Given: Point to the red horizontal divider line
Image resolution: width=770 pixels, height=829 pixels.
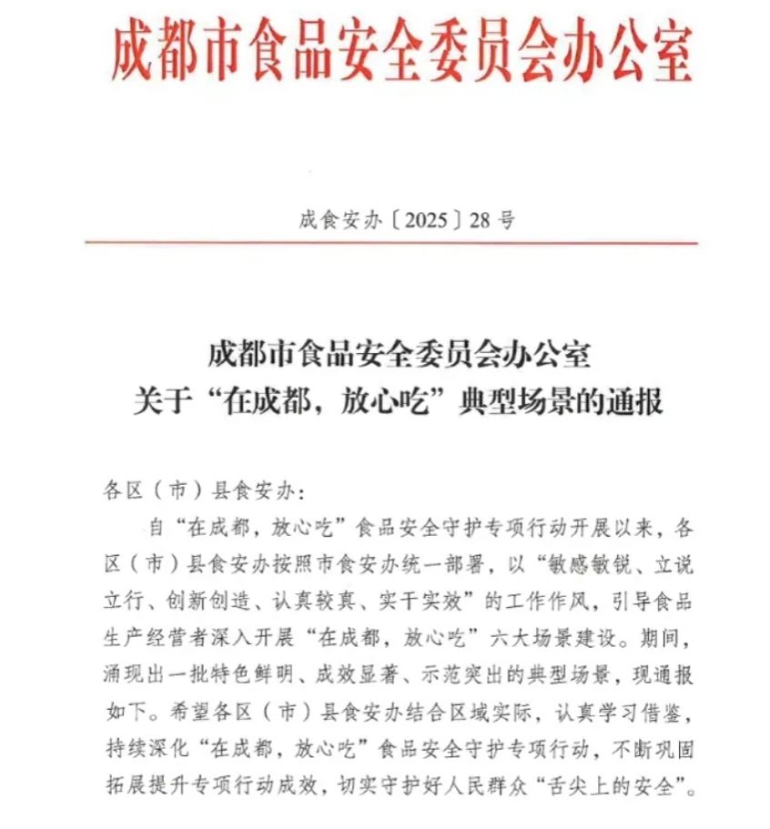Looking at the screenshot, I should click(391, 243).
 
